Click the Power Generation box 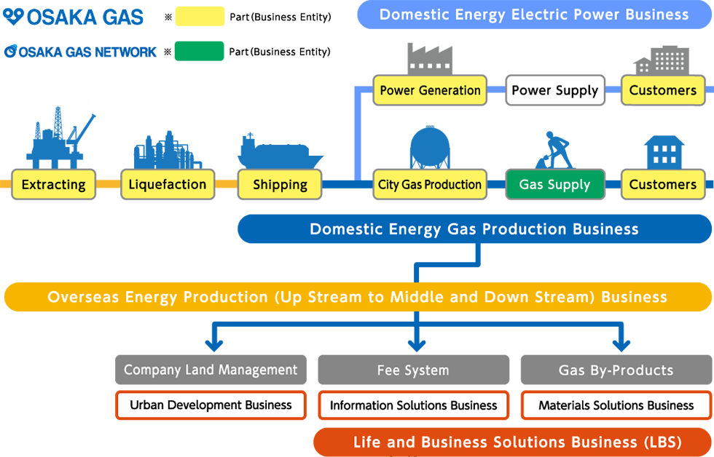(x=430, y=90)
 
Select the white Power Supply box (x=555, y=90)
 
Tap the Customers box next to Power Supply (x=663, y=90)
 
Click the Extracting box (x=53, y=185)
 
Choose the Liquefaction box (x=168, y=185)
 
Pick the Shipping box (x=280, y=185)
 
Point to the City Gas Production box (x=430, y=185)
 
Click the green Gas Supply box (x=555, y=185)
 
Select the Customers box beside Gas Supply (x=663, y=185)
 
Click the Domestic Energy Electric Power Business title (x=533, y=15)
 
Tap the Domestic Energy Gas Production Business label (x=474, y=229)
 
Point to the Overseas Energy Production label (x=357, y=297)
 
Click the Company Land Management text (x=211, y=370)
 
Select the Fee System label (x=413, y=370)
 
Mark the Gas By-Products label (x=616, y=370)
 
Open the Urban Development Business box (x=211, y=405)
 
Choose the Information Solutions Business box (x=413, y=405)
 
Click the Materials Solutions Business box (x=616, y=405)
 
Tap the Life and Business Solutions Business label (x=517, y=442)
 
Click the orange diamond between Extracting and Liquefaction (x=110, y=185)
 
